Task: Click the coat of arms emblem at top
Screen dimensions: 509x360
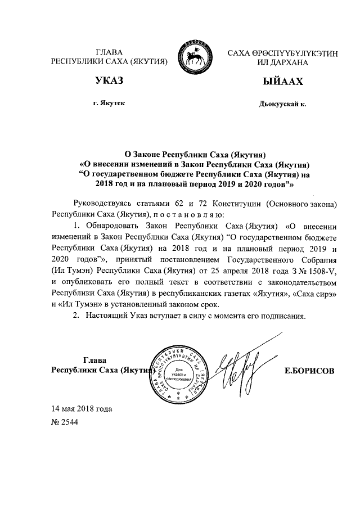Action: click(x=195, y=56)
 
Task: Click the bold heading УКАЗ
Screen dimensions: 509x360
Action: click(x=109, y=83)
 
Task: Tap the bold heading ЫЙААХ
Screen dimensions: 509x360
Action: click(x=280, y=83)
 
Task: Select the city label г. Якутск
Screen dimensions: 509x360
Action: click(x=110, y=104)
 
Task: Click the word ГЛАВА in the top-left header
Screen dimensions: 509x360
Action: click(x=110, y=52)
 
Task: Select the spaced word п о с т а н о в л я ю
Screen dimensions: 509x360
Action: click(x=188, y=214)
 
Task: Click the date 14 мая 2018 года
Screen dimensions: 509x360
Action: click(x=82, y=409)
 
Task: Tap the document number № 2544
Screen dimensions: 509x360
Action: click(x=65, y=422)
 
